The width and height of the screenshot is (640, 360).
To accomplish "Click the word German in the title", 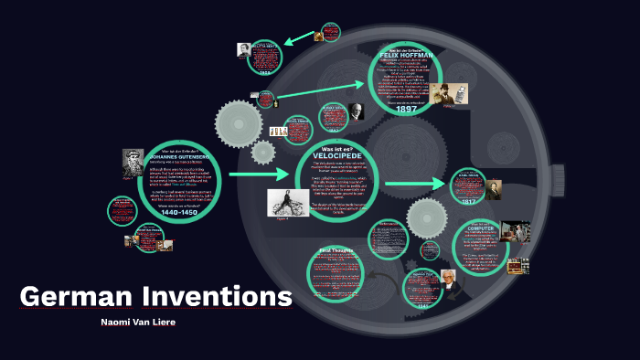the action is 77,297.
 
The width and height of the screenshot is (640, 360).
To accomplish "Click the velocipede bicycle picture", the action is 285,203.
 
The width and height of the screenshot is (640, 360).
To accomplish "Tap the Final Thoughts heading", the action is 336,249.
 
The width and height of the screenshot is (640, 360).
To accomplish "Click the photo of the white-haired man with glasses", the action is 449,278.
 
